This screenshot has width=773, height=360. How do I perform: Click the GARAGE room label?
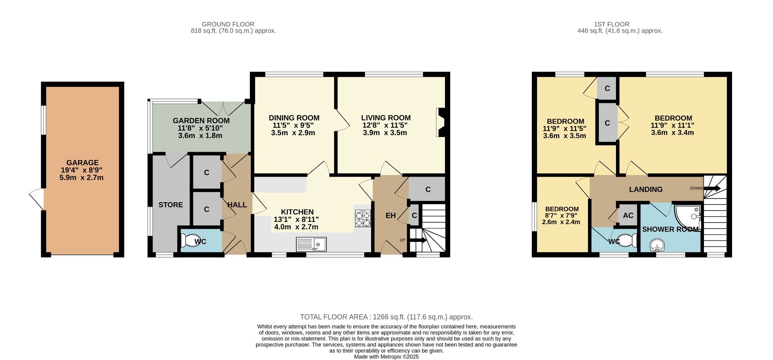click(x=82, y=163)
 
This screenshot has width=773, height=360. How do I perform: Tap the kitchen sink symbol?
click(x=311, y=245)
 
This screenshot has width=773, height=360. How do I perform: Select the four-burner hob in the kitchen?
click(x=363, y=219)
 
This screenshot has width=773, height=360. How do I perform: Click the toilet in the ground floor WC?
click(x=187, y=240)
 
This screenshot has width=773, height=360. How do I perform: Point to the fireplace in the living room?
click(x=440, y=122)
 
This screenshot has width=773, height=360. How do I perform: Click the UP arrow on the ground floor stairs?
click(x=418, y=240)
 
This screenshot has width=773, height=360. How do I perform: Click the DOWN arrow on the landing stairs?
click(x=711, y=188)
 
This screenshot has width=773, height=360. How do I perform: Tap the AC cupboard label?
click(x=628, y=215)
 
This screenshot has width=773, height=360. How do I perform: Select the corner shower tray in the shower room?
click(x=687, y=218)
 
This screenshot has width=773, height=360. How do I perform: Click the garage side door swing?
click(x=37, y=199)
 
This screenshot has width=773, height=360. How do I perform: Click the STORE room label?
click(x=171, y=205)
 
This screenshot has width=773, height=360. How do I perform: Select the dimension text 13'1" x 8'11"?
click(x=296, y=219)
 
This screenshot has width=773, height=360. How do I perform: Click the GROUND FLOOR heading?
click(x=228, y=24)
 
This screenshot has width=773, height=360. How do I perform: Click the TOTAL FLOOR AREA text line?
click(x=386, y=317)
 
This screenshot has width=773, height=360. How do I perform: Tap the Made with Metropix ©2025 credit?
click(x=386, y=357)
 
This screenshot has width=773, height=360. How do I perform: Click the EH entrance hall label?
click(x=390, y=215)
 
